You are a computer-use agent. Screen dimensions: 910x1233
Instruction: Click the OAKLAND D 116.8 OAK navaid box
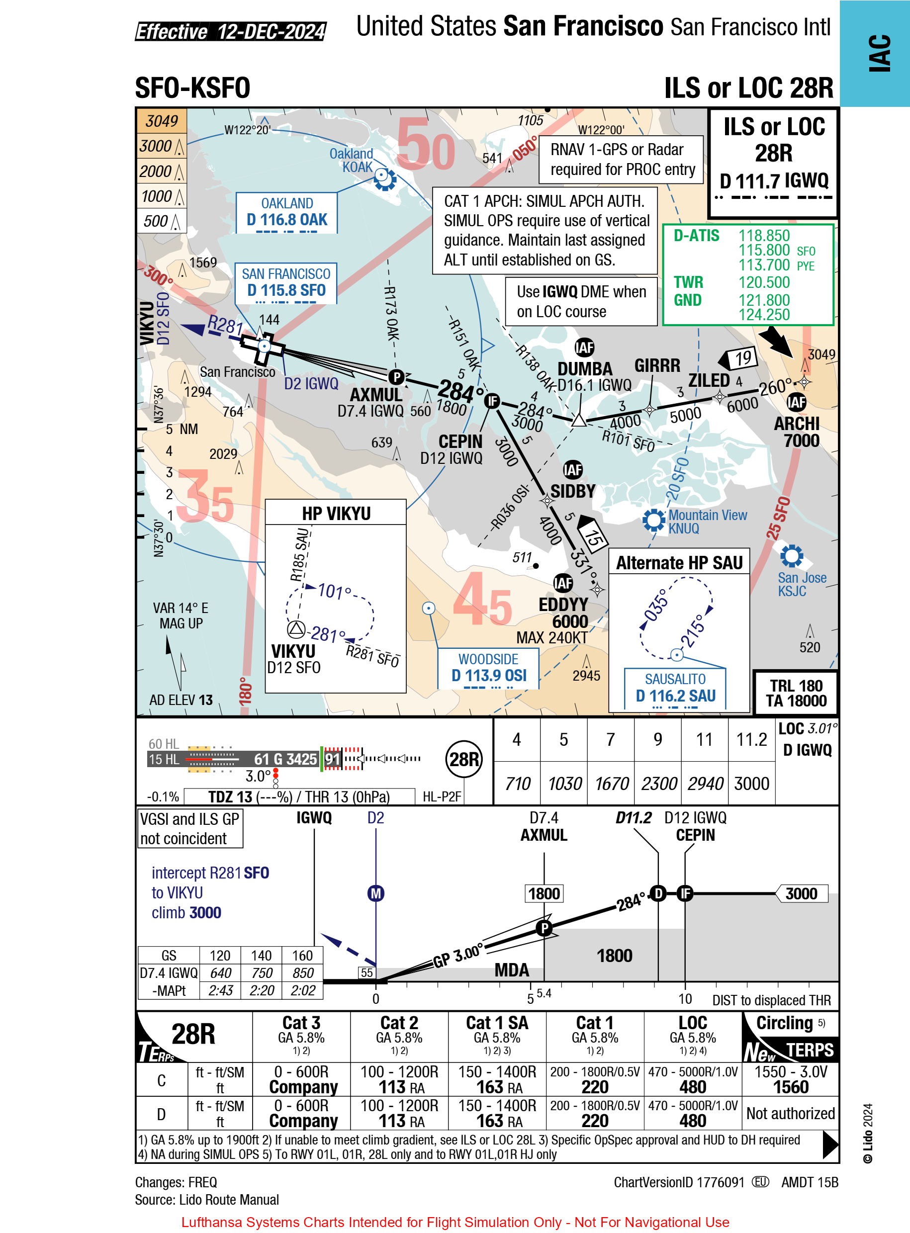(x=286, y=213)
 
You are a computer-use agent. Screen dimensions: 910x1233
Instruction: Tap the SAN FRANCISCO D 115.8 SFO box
(x=286, y=283)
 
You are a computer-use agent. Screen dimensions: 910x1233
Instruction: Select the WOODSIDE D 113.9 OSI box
(x=488, y=668)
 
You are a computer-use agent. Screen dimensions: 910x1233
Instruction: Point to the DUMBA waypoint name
(x=584, y=368)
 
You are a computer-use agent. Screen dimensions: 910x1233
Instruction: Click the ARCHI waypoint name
(x=797, y=424)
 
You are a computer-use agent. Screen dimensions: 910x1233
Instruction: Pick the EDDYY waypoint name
(x=563, y=605)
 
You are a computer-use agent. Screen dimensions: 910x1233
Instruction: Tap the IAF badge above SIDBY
(x=572, y=470)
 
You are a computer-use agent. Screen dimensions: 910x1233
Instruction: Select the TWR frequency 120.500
(x=764, y=282)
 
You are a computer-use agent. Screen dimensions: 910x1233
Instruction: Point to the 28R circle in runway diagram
(x=464, y=759)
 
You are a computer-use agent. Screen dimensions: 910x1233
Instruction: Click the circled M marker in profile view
(x=375, y=893)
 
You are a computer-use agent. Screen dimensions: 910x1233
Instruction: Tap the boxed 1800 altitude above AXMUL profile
(x=544, y=893)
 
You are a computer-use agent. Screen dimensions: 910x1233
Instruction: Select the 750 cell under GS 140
(x=262, y=973)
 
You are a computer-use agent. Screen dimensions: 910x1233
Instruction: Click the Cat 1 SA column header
(x=497, y=1023)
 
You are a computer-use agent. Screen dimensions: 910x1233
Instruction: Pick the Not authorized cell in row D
(x=791, y=1113)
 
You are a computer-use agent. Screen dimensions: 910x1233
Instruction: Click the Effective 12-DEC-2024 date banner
(x=231, y=32)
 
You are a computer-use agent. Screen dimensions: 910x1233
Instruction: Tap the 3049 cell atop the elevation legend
(x=162, y=121)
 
